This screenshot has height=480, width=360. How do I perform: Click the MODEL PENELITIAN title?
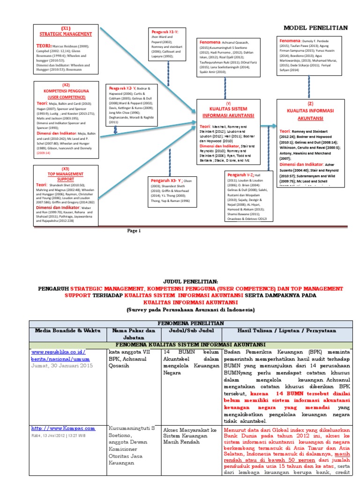(x=315, y=28)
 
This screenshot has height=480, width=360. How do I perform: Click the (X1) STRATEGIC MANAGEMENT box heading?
(x=66, y=31)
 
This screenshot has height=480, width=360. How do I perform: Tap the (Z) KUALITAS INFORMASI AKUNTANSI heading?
(x=310, y=112)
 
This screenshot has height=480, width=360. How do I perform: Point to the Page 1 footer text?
(x=134, y=231)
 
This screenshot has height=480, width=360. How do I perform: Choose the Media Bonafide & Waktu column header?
(x=67, y=330)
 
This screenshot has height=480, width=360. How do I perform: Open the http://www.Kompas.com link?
(x=63, y=428)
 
